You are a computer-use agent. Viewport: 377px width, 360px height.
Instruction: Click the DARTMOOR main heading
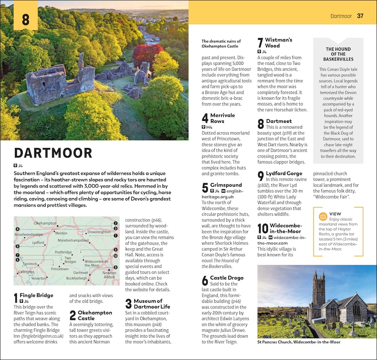[x=53, y=153]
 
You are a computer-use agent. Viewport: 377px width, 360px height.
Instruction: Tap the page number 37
[x=360, y=16]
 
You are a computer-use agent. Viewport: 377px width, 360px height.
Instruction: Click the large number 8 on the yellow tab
[x=26, y=20]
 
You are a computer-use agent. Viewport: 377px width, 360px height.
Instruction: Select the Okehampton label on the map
[x=45, y=224]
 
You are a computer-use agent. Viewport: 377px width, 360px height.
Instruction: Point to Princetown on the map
[x=60, y=269]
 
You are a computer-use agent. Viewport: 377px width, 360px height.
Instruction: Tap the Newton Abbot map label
[x=109, y=275]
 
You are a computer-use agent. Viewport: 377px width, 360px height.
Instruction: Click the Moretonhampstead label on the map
[x=73, y=240]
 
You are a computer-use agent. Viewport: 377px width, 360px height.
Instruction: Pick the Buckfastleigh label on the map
[x=76, y=278]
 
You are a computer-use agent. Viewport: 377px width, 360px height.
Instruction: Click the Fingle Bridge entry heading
[x=36, y=295]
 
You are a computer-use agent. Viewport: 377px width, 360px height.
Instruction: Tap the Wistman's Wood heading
[x=278, y=43]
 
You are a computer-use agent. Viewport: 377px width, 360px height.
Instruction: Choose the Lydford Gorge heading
[x=284, y=173]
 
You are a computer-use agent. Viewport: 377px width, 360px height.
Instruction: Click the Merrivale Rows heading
[x=223, y=118]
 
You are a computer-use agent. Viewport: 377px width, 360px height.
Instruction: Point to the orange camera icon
[x=323, y=217]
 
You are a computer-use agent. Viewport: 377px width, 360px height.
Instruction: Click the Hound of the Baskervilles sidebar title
[x=338, y=54]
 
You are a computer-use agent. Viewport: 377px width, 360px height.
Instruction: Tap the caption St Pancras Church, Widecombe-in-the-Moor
[x=298, y=342]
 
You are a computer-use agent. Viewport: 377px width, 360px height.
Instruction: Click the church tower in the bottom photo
[x=319, y=291]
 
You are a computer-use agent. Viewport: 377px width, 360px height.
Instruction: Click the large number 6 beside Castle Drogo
[x=205, y=280]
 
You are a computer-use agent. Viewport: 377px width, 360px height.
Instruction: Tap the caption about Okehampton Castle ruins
[x=220, y=44]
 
